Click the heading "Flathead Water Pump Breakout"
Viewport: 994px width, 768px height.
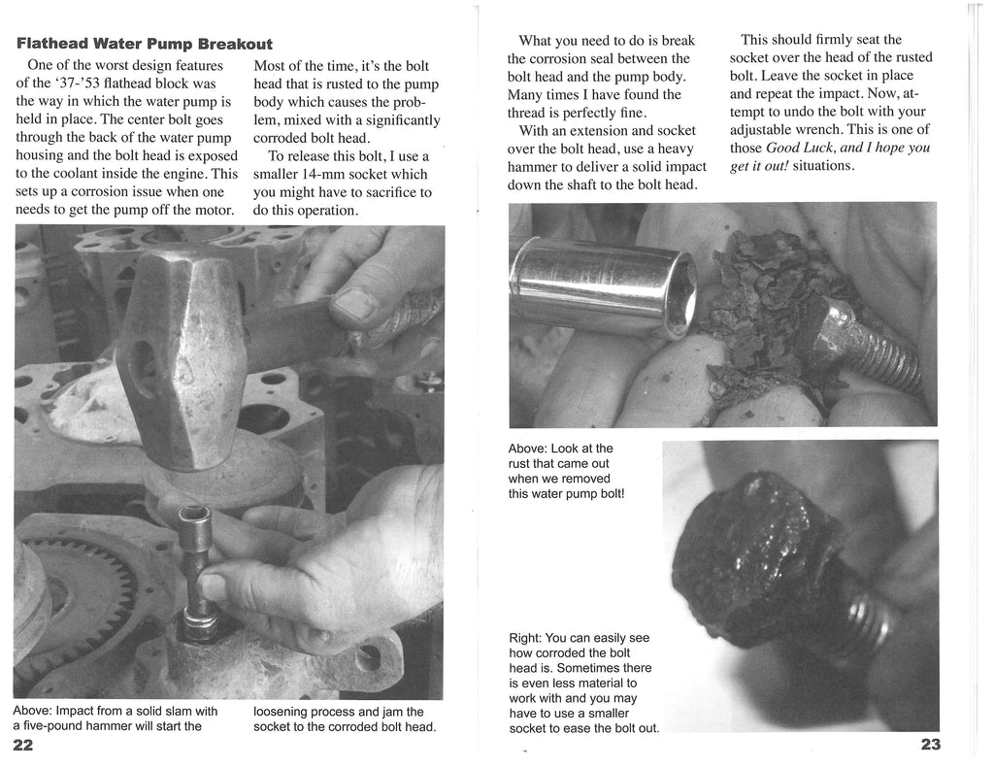click(145, 45)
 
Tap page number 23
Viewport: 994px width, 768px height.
click(930, 745)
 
